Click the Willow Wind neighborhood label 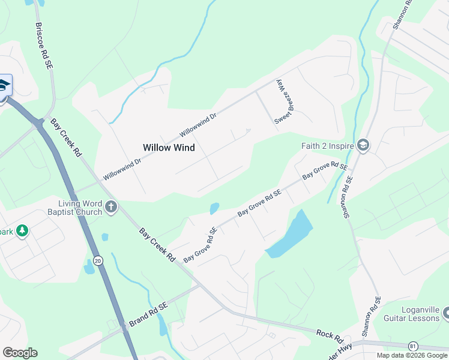coord(169,147)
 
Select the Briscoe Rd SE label coord(44,46)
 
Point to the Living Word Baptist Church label coord(76,208)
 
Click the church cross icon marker coord(111,208)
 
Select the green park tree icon coord(22,230)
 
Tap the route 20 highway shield coord(98,260)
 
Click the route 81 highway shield coord(412,346)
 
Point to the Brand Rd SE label coord(148,314)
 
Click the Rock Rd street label coord(329,333)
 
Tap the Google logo coord(20,352)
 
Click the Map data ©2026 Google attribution coord(412,355)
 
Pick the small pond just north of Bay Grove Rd coord(214,209)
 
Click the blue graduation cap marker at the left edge coord(3,86)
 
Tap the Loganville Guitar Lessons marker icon coord(445,313)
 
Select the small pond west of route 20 coord(89,266)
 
